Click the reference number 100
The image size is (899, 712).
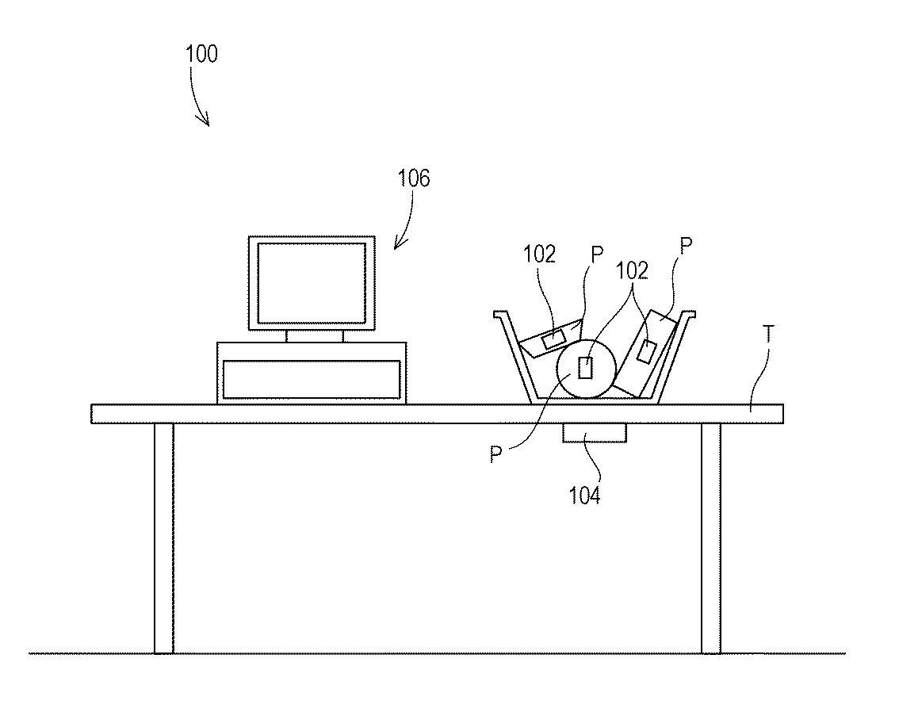[201, 55]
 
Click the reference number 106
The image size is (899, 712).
[414, 179]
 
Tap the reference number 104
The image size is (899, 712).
[584, 496]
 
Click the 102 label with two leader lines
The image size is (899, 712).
[632, 271]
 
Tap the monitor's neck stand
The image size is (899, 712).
[315, 335]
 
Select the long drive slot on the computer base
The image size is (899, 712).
[312, 379]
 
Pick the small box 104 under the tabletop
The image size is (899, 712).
[594, 433]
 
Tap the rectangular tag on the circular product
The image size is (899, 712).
[586, 367]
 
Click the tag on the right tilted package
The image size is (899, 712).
[647, 351]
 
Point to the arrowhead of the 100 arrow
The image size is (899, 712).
[208, 123]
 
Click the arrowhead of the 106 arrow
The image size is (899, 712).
[397, 246]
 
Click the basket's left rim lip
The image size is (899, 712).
[499, 315]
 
